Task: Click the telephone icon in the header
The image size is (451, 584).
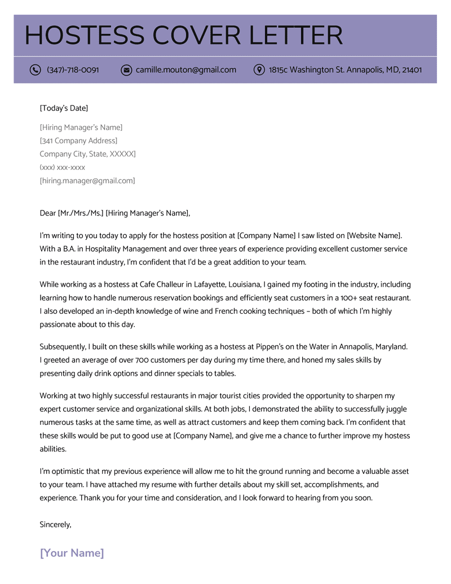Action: (36, 70)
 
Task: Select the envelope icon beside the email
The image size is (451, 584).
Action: (126, 70)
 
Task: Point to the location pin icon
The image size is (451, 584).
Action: (259, 70)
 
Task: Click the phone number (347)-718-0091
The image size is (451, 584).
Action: (73, 70)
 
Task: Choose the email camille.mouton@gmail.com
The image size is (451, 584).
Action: (186, 70)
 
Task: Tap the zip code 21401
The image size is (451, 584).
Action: (412, 70)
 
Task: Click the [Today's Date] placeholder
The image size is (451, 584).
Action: (64, 108)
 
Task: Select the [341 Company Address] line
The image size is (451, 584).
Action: (78, 140)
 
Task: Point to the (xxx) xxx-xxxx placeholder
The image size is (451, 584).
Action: (63, 168)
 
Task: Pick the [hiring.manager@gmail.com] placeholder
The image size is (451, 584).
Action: (87, 181)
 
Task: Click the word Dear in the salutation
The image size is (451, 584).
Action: (48, 213)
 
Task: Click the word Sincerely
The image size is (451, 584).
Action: (55, 525)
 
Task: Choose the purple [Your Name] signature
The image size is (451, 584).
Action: (72, 553)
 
